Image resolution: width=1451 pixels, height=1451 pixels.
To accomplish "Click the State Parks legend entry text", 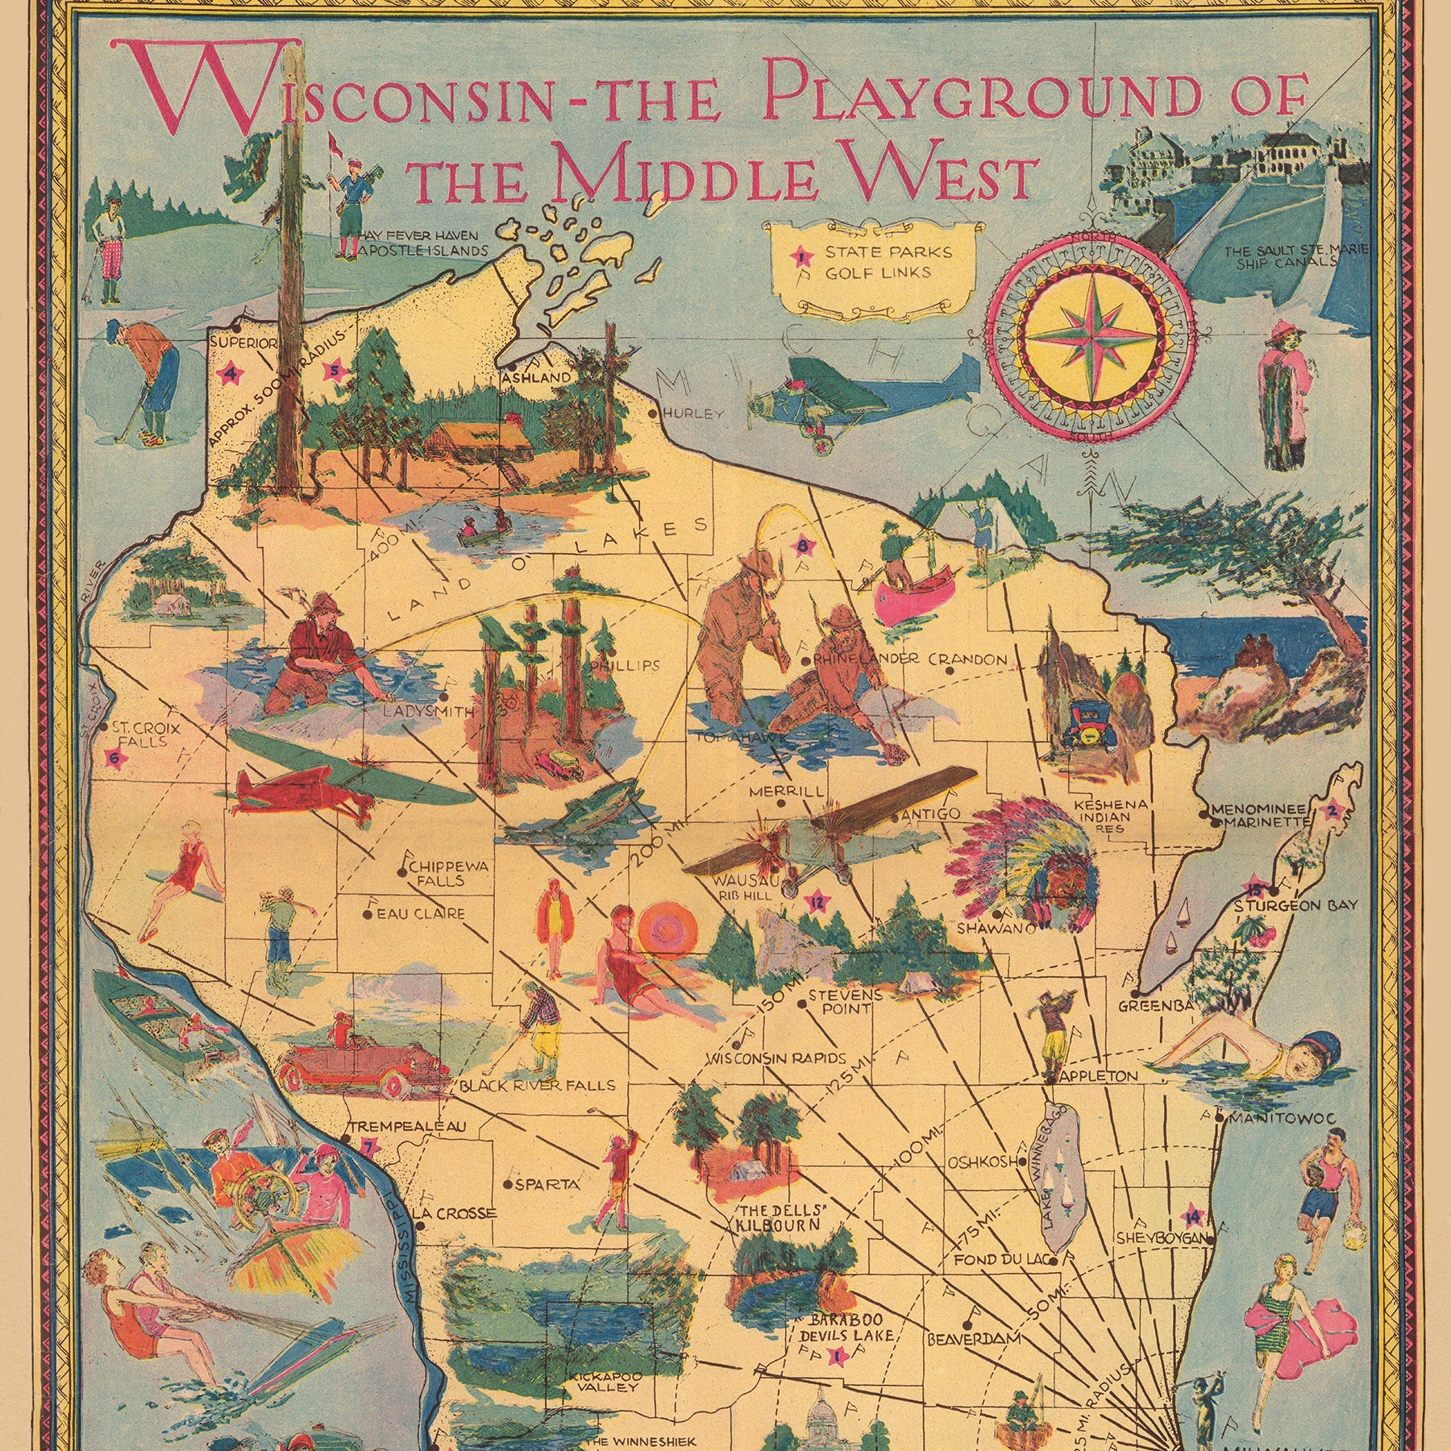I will tap(887, 252).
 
